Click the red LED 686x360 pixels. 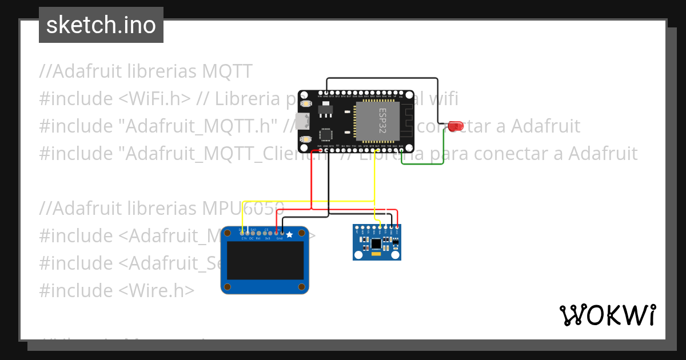coord(456,126)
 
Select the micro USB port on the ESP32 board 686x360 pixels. coord(302,121)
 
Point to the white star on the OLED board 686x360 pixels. coord(289,234)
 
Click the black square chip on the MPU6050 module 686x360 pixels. coord(376,244)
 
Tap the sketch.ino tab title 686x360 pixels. coord(101,25)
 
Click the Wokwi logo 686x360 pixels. coord(607,315)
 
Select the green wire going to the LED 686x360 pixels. coord(423,164)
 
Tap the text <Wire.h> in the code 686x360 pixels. coord(157,290)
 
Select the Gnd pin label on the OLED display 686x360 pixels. coord(279,238)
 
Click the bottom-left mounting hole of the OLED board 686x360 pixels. coord(228,286)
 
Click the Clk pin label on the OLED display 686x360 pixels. coord(244,238)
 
